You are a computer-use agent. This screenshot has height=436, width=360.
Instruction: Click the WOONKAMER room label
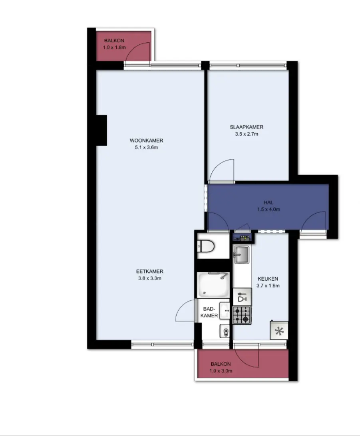[x=146, y=141]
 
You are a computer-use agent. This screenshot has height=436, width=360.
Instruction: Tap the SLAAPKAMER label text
[x=247, y=127]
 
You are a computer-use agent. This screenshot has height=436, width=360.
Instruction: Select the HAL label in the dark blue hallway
[x=269, y=202]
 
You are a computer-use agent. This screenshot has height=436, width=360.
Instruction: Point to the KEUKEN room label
[x=268, y=279]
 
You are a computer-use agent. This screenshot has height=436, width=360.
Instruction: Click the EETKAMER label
[x=150, y=271]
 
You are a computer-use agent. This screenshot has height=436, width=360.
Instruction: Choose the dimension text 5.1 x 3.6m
[x=146, y=147]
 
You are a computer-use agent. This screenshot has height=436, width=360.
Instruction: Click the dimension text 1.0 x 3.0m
[x=221, y=371]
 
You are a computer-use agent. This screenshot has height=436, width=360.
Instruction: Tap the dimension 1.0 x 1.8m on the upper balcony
[x=114, y=47]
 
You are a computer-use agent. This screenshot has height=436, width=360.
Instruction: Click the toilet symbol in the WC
[x=206, y=246]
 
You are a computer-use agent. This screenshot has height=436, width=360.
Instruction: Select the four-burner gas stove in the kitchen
[x=242, y=315]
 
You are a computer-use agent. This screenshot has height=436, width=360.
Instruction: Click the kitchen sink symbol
[x=241, y=254]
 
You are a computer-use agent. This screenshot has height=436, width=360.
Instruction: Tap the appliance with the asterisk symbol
[x=279, y=330]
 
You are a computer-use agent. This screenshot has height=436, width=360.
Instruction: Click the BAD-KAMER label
[x=209, y=312]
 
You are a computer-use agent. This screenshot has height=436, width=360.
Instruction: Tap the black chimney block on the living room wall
[x=101, y=131]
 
